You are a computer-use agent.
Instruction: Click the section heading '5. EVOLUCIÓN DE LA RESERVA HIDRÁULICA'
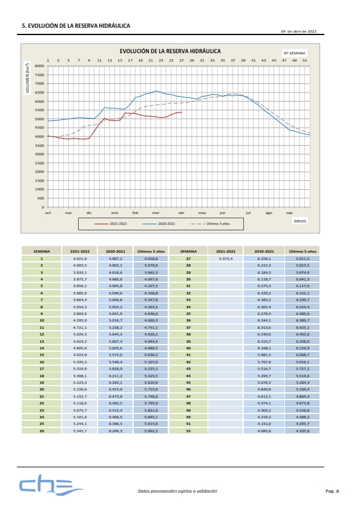[x=76, y=27]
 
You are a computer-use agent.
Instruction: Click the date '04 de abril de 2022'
[x=298, y=31]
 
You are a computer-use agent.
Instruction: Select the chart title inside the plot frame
[x=169, y=51]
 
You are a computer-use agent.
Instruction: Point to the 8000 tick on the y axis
[x=39, y=66]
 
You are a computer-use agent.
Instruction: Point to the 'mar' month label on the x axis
[x=155, y=213]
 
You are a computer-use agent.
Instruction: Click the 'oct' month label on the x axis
[x=48, y=213]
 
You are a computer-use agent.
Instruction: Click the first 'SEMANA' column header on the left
[x=42, y=251]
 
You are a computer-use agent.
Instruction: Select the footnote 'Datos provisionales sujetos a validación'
[x=177, y=491]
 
